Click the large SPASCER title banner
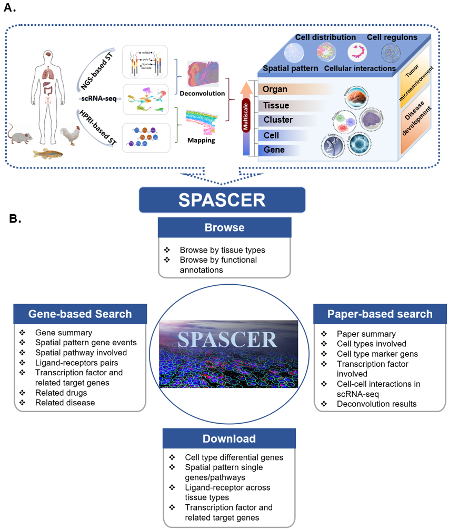(222, 200)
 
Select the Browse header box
(224, 228)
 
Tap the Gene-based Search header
(80, 314)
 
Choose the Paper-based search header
(380, 314)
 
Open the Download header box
(229, 438)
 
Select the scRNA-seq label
(95, 98)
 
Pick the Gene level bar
(274, 150)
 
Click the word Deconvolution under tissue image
(203, 93)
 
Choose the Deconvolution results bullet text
(376, 404)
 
